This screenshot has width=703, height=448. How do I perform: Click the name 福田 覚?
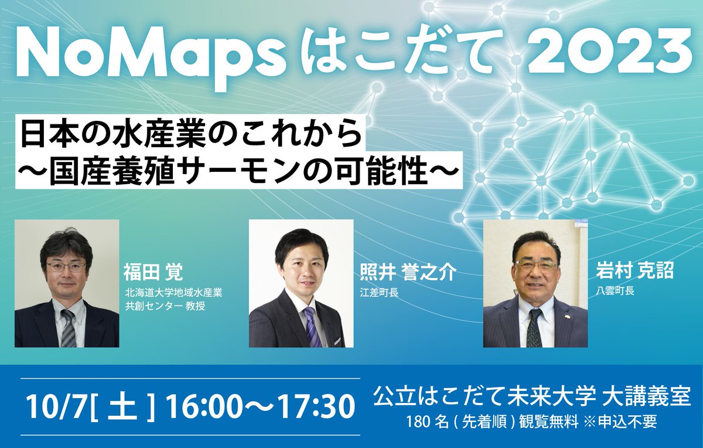[x=153, y=273]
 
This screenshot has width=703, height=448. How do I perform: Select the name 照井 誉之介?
[x=407, y=273]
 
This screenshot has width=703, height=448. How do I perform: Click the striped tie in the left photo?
[x=68, y=328]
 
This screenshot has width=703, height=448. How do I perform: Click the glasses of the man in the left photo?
[x=66, y=267]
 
